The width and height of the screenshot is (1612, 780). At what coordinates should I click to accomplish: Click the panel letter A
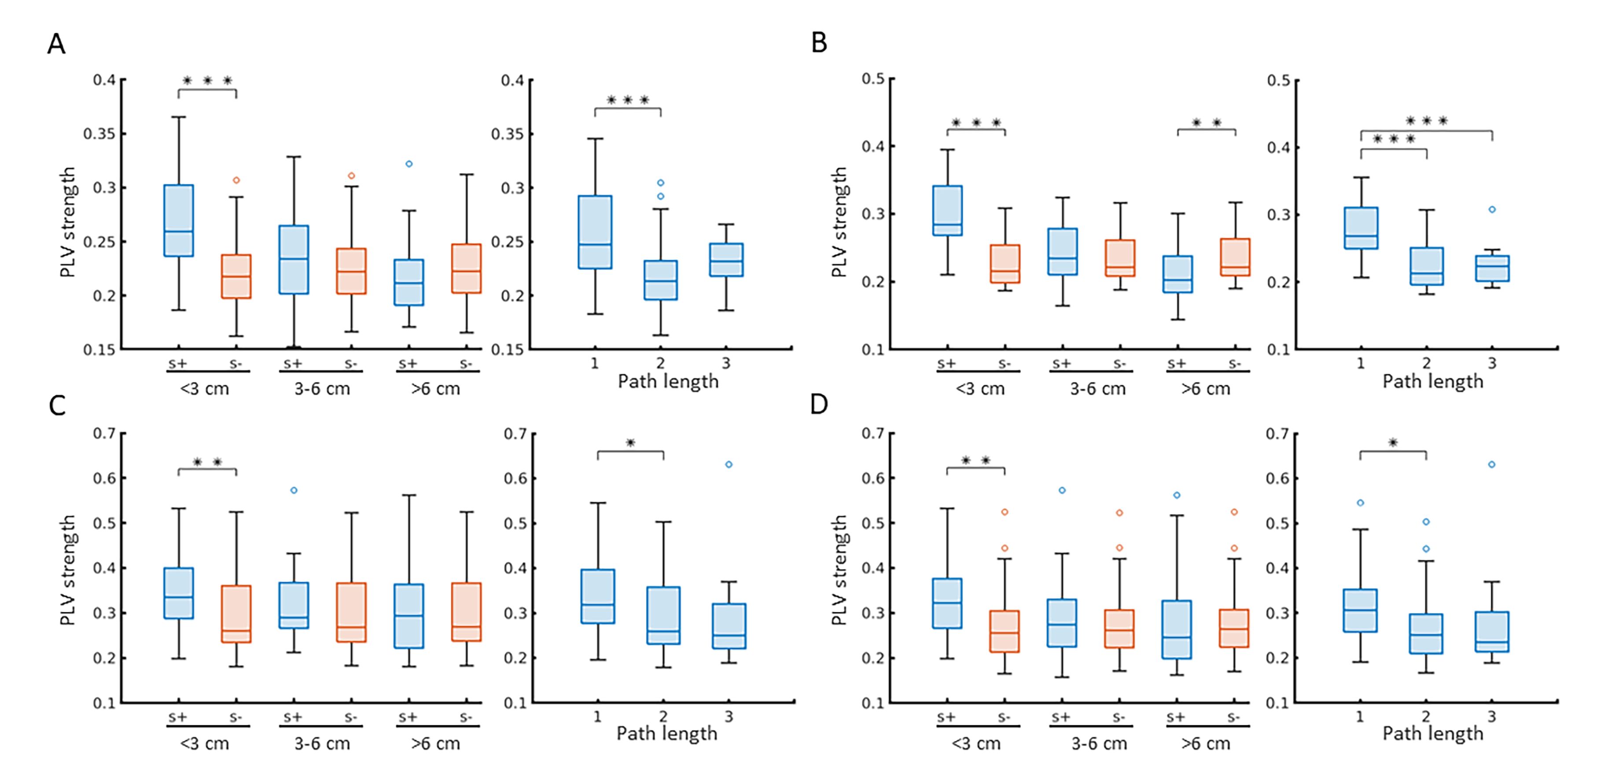coord(56,44)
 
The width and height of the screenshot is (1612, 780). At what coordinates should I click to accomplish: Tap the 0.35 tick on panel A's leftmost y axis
coord(104,134)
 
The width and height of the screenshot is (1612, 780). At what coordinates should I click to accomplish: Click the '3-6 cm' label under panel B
coord(1097,389)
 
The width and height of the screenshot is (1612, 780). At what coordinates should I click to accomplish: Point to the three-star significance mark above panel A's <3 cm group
coord(207,81)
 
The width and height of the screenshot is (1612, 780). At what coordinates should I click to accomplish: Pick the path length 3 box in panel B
coord(1492,268)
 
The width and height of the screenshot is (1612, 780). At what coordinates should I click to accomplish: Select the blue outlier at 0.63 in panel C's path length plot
coord(729,464)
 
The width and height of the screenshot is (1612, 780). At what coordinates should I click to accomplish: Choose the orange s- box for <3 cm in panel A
coord(236,276)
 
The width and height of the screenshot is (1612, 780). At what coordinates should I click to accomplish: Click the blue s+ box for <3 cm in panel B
coord(947,210)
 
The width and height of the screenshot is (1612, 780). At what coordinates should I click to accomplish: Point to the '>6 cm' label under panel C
coord(435,744)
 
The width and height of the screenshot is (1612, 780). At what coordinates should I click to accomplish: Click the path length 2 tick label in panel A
coord(660,363)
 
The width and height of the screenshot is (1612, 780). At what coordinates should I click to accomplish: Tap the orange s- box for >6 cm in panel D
coord(1234,628)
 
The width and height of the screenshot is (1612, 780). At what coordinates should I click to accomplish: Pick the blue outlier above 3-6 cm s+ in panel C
coord(294,490)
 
